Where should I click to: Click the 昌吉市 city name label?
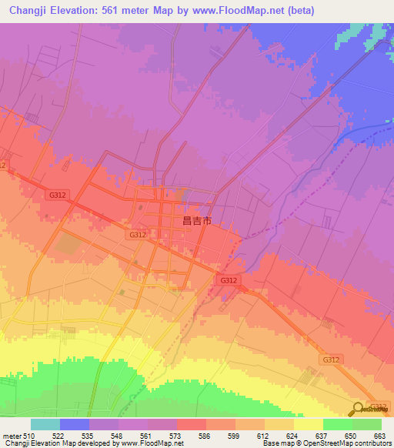(196, 220)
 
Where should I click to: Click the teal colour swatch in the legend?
(45, 425)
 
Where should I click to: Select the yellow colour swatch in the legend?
(308, 425)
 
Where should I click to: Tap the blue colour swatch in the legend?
(75, 425)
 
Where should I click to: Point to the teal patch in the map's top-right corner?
(362, 35)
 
